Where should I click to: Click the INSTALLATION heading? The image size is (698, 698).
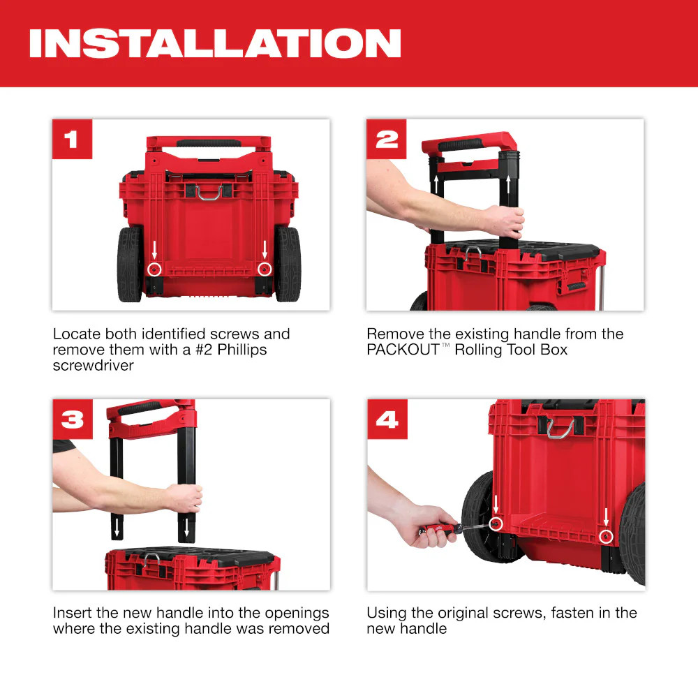pyautogui.click(x=215, y=43)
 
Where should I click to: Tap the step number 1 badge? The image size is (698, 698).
pyautogui.click(x=72, y=139)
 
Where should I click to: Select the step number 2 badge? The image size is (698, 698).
pyautogui.click(x=387, y=139)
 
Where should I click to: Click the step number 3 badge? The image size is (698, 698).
pyautogui.click(x=72, y=419)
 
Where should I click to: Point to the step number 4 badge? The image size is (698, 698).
pyautogui.click(x=387, y=419)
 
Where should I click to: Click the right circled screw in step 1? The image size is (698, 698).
pyautogui.click(x=264, y=269)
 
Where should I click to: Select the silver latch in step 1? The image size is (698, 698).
pyautogui.click(x=209, y=193)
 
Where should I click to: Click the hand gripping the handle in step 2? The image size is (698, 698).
pyautogui.click(x=504, y=222)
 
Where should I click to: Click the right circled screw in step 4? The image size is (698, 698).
pyautogui.click(x=606, y=536)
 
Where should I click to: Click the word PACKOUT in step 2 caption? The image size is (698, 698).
pyautogui.click(x=402, y=350)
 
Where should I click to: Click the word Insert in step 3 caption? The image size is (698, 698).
pyautogui.click(x=74, y=613)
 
